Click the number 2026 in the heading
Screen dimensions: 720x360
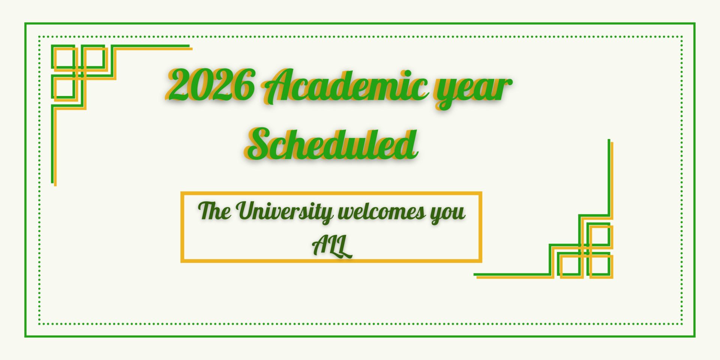point(210,85)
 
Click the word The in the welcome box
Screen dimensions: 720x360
point(214,211)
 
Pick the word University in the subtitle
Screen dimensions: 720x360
point(285,212)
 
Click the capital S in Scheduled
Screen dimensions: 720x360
point(261,144)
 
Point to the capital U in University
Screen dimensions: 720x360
point(249,211)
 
